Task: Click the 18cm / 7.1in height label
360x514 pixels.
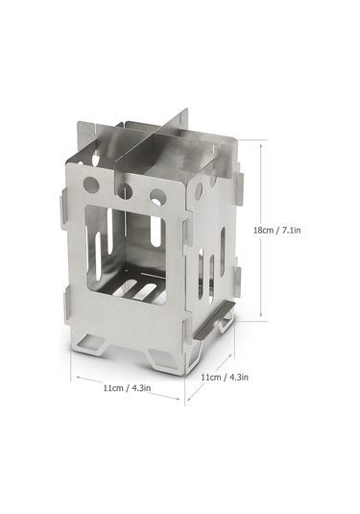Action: pos(277,230)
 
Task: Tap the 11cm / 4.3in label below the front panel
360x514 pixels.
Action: pos(127,388)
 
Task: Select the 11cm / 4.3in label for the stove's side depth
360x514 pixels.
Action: pos(225,378)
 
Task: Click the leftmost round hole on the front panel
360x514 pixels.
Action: pos(91,184)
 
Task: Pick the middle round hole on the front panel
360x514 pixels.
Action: pos(125,191)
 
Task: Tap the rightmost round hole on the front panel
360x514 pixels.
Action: pos(157,197)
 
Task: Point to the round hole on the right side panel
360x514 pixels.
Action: pos(199,191)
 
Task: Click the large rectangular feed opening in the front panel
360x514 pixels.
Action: pos(126,255)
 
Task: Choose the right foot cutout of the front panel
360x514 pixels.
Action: pos(161,356)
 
